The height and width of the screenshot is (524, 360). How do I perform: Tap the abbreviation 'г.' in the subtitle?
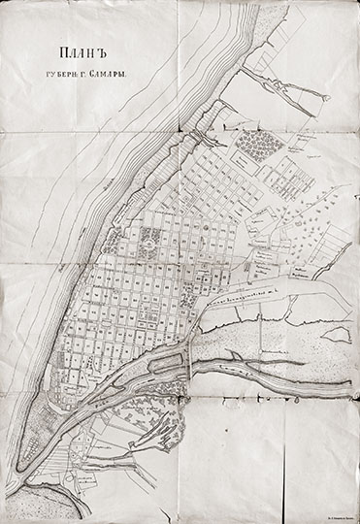pos(100,73)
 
